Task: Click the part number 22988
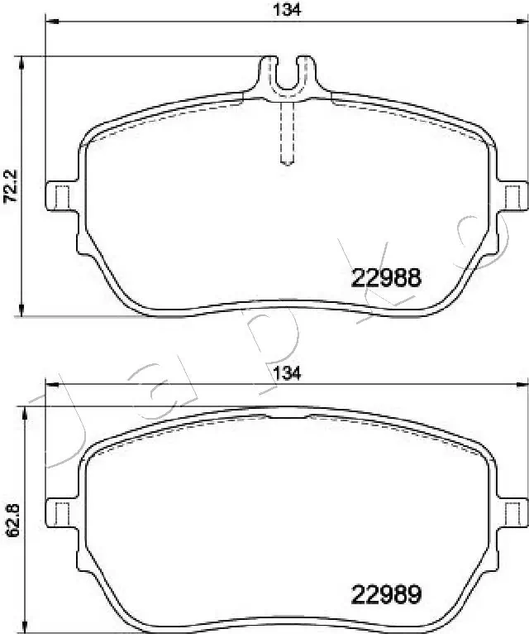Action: point(387,278)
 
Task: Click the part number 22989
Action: point(387,593)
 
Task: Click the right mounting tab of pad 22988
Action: point(512,195)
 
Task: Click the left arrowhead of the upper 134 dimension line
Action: point(49,22)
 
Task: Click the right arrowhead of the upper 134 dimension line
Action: point(523,22)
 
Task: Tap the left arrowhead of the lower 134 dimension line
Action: point(49,384)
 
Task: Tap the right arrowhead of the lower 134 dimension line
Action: point(523,384)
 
